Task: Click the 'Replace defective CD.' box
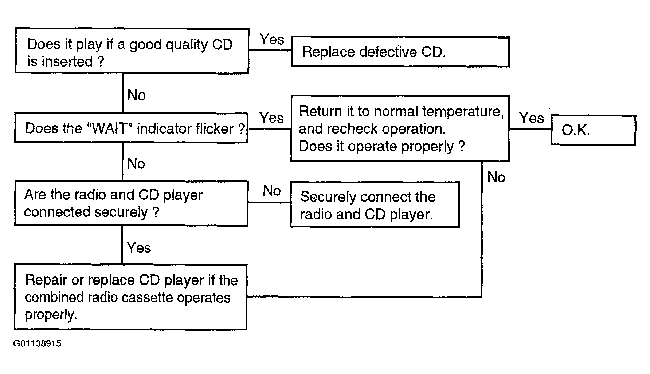tap(400, 52)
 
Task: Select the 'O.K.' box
tap(593, 130)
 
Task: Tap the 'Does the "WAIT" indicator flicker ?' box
tap(131, 128)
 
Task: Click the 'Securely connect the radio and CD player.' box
tap(375, 205)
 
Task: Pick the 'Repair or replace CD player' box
tap(130, 297)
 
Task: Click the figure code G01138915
tap(37, 344)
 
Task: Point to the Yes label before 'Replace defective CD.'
tap(272, 39)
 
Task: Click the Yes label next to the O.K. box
tap(532, 118)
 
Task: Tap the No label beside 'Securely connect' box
tap(272, 191)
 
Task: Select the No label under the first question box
tap(137, 95)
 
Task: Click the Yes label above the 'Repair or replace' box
tap(139, 248)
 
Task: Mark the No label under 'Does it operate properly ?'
tap(496, 177)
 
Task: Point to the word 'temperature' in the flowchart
tap(463, 111)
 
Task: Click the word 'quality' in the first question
tap(187, 45)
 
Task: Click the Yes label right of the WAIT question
tap(271, 118)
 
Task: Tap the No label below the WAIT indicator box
tap(136, 164)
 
